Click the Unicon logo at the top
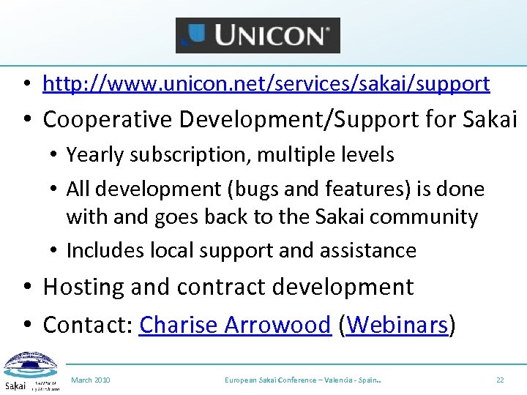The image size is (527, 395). pos(258,35)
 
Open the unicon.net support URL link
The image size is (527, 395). pos(266,84)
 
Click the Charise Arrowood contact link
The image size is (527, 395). pos(235,325)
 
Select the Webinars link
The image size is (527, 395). pos(398,325)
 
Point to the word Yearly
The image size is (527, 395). pos(91,155)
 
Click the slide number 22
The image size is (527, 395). pos(500,380)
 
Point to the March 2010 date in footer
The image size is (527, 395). pos(91,380)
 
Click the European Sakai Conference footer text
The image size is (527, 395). pos(306,380)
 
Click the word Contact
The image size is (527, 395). pos(86,325)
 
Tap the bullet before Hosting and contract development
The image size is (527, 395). pos(26,287)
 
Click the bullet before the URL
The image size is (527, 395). pos(26,85)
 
